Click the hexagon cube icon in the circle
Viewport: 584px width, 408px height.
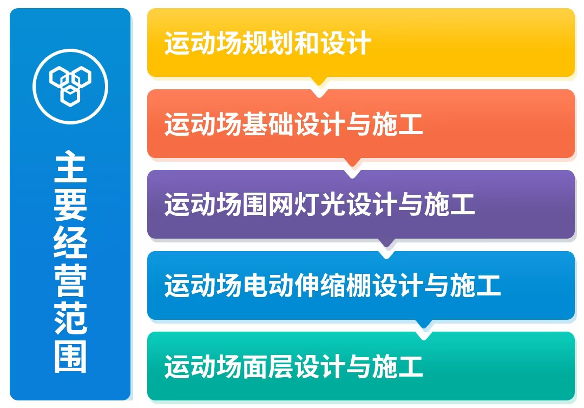click(x=70, y=86)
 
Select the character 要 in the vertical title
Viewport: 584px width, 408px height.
click(x=70, y=205)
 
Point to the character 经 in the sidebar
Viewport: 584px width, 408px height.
click(x=70, y=242)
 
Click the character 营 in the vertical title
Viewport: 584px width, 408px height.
click(x=70, y=280)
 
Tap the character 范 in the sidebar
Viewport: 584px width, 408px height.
click(x=70, y=318)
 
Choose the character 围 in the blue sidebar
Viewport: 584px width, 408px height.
click(x=70, y=356)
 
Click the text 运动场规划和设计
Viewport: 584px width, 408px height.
click(x=267, y=43)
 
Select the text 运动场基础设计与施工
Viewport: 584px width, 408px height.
click(x=293, y=124)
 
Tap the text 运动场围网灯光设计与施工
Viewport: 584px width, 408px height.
click(x=319, y=205)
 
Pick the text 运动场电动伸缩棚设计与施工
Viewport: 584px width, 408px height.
click(x=333, y=286)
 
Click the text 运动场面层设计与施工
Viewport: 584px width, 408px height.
click(x=293, y=366)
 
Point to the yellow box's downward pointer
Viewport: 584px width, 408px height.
click(x=319, y=82)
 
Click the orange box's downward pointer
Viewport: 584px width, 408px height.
click(x=352, y=163)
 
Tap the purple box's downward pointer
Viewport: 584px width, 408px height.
click(x=386, y=244)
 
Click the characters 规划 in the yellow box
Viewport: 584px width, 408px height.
click(x=267, y=43)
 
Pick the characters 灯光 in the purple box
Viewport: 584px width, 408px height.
click(x=319, y=205)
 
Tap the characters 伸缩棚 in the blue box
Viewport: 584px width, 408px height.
click(x=333, y=286)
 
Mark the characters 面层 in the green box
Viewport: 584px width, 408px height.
click(x=267, y=366)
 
